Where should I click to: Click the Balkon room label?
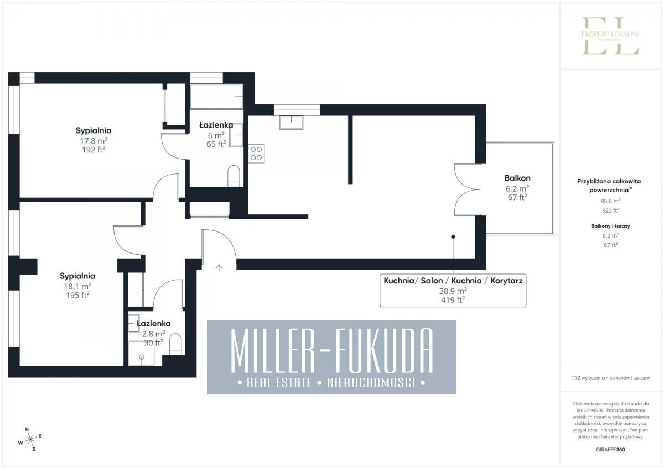517,178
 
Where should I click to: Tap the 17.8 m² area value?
94,140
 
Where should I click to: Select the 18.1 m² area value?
77,286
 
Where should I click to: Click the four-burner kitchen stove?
256,154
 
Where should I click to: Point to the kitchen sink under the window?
291,123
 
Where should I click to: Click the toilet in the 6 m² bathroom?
234,176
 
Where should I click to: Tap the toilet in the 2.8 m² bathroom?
175,344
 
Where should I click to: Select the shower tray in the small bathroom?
142,354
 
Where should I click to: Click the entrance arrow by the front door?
219,267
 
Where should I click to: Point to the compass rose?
30,439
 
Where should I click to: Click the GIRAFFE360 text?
610,450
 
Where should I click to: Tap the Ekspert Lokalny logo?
610,36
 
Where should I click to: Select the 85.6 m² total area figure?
610,201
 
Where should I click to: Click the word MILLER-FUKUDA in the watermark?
331,351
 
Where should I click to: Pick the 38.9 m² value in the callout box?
453,291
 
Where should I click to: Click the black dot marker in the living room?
453,237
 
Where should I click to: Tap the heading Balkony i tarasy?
610,226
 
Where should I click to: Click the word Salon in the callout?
432,281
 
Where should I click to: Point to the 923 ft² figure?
610,210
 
